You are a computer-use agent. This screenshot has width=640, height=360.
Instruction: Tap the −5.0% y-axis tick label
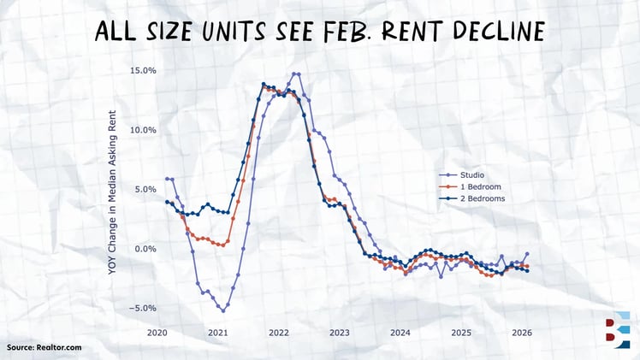click(x=141, y=308)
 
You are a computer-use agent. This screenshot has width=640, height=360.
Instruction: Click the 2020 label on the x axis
click(x=157, y=332)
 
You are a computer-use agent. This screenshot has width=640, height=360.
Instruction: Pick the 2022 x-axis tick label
click(x=279, y=332)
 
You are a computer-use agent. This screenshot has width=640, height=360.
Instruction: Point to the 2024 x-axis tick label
click(x=400, y=332)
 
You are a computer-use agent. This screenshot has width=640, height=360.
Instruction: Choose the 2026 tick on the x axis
click(x=521, y=332)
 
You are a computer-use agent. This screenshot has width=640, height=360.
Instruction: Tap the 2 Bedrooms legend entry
click(x=482, y=198)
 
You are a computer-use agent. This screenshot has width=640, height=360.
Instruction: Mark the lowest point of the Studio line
click(x=222, y=310)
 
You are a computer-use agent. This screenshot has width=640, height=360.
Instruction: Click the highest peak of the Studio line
click(x=295, y=74)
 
